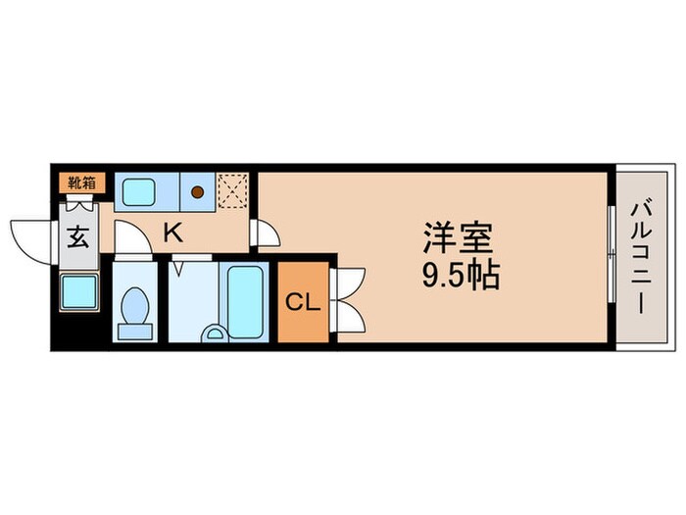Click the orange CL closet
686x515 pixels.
tap(303, 302)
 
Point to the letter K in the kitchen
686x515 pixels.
tap(172, 233)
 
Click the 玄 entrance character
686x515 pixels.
tap(77, 238)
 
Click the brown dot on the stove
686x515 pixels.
tap(198, 192)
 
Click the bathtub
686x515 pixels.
tap(246, 299)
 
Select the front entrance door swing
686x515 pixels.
tap(29, 240)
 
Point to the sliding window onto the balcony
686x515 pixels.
tap(610, 257)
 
